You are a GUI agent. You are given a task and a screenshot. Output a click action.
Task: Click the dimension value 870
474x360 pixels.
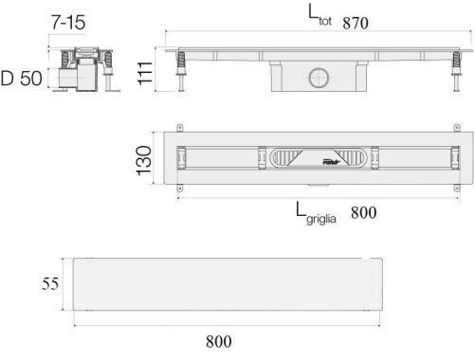tap(355, 23)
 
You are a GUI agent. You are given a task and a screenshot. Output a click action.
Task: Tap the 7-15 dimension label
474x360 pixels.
tap(68, 23)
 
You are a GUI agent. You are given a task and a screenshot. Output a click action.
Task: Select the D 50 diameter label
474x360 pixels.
tap(22, 79)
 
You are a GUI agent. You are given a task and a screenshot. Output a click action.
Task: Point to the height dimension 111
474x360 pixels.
tap(145, 73)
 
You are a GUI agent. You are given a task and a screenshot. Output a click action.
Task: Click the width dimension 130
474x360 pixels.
tap(144, 160)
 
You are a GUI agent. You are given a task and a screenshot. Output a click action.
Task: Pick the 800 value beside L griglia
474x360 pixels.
tap(363, 212)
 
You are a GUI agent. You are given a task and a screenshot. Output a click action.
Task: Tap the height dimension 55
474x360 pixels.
tap(50, 283)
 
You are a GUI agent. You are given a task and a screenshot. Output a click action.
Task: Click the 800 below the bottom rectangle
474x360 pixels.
tap(219, 341)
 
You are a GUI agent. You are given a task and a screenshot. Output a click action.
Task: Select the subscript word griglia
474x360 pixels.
tap(321, 219)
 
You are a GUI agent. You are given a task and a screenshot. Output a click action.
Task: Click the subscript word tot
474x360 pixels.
tap(325, 21)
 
